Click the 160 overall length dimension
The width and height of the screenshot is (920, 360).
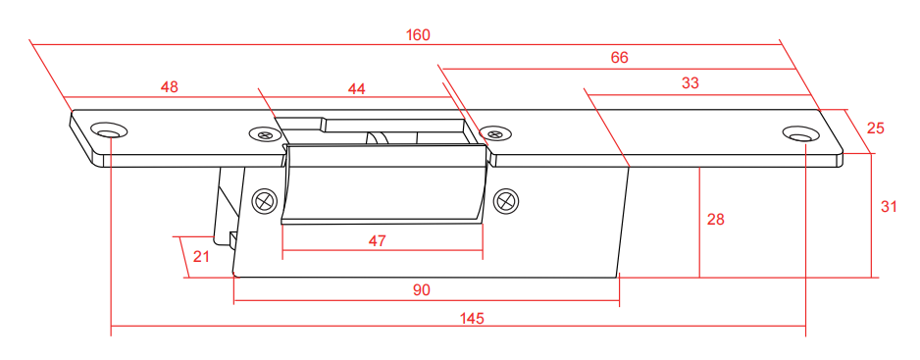tap(418, 35)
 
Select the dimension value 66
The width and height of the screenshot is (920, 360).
tap(620, 58)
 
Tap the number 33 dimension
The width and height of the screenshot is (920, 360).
tap(690, 82)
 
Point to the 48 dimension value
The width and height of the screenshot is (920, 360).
tap(170, 87)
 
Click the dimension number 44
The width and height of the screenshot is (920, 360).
tap(356, 88)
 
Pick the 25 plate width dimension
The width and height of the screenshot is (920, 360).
tap(875, 129)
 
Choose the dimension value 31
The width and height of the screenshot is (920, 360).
tap(890, 207)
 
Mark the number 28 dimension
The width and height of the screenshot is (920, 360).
tap(716, 220)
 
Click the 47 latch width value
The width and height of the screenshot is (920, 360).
tap(378, 241)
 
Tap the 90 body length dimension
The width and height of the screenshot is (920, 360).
tap(422, 290)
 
